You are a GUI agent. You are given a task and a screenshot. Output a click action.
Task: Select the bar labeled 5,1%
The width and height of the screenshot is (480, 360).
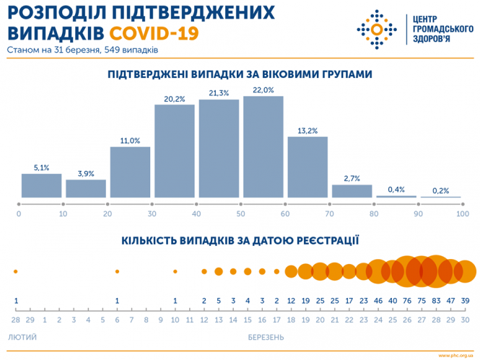(x=41, y=185)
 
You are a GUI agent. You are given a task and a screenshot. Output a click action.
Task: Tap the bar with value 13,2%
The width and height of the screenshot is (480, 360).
(x=307, y=167)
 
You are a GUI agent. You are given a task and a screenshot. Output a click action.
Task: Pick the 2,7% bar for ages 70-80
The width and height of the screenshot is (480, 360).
(x=352, y=191)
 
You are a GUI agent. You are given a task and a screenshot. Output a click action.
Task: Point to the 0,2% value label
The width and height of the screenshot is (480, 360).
(x=440, y=190)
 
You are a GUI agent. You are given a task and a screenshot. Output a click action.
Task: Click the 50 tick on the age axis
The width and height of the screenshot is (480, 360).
(x=240, y=214)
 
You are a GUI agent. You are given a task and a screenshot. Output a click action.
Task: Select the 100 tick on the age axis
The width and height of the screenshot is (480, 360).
(x=463, y=214)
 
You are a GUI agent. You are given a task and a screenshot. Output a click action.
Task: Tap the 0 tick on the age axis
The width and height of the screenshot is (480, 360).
(x=19, y=214)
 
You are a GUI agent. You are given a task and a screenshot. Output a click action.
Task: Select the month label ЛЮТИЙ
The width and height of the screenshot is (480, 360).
(x=22, y=337)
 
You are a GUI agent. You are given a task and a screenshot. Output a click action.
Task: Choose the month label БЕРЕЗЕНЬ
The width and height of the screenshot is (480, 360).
(x=263, y=337)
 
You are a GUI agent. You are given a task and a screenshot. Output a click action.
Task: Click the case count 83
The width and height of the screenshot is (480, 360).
(x=436, y=301)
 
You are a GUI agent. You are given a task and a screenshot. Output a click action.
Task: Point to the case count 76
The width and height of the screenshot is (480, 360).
(x=407, y=301)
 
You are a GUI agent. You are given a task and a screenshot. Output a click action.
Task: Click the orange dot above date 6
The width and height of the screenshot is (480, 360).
(x=117, y=271)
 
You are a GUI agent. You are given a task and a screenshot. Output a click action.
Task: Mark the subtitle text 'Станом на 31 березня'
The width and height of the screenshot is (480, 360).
(x=51, y=51)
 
